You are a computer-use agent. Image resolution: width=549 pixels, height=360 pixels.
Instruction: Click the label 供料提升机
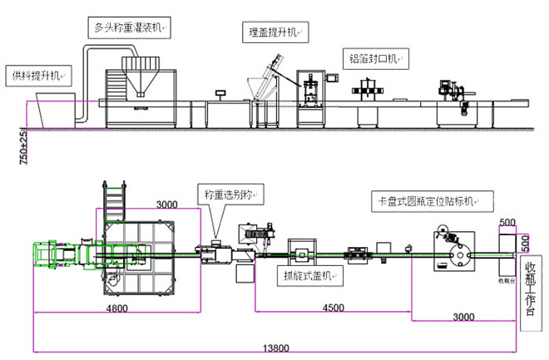point(32,76)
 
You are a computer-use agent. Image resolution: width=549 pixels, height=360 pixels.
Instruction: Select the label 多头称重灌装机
point(127,27)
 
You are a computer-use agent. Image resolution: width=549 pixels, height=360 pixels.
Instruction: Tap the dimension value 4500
point(333,307)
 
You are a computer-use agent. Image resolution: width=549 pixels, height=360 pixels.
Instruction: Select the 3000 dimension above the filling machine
point(166,205)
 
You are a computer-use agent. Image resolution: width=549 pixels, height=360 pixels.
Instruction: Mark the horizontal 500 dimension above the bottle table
point(507,223)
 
